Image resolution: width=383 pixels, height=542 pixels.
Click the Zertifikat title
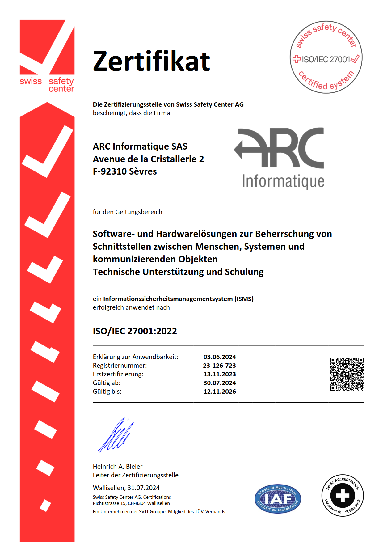(x=151, y=61)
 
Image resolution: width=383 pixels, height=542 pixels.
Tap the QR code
(x=347, y=374)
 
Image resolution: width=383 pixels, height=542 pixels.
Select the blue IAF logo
(x=278, y=499)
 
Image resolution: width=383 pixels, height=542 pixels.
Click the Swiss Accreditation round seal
(x=343, y=495)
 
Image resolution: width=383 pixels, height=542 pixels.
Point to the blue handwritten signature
(x=116, y=436)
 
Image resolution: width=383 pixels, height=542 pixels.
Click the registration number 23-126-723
(x=219, y=366)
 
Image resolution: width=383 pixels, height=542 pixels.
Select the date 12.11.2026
(x=220, y=392)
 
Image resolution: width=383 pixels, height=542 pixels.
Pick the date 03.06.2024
(x=220, y=357)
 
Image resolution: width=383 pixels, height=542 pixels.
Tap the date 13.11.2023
(x=220, y=374)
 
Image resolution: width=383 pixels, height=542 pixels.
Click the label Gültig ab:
(x=107, y=383)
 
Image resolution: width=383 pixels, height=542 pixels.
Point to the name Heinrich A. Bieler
(x=118, y=466)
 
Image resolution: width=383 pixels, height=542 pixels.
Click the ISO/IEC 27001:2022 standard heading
(x=135, y=331)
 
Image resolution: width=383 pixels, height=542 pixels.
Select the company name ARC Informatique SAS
(x=140, y=146)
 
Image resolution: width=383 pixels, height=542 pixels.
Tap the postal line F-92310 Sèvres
(x=125, y=171)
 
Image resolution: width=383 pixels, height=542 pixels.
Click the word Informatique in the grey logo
(x=283, y=181)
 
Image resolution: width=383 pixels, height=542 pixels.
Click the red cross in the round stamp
(x=297, y=59)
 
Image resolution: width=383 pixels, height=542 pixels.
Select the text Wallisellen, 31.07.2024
(x=126, y=488)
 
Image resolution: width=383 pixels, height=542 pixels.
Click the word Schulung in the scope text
(x=244, y=272)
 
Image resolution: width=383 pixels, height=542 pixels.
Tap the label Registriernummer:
(x=120, y=366)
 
